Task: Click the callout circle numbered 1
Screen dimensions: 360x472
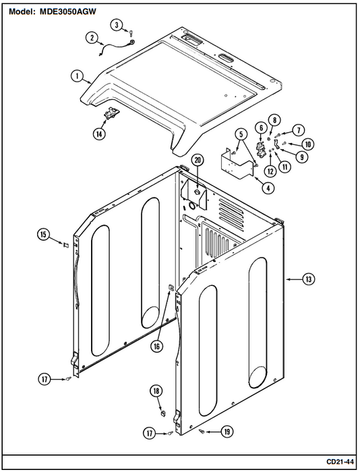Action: [x=78, y=76]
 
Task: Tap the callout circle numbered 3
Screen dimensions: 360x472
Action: [x=117, y=25]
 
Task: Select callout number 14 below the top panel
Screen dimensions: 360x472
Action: [x=99, y=134]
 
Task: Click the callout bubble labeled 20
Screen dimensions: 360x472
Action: [x=197, y=160]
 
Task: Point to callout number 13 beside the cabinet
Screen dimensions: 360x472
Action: [x=309, y=279]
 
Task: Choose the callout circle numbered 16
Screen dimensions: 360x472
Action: [x=157, y=347]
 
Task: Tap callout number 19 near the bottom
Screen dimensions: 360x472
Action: [x=227, y=432]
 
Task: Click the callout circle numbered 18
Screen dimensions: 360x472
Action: [x=156, y=391]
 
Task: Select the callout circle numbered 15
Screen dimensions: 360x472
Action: [x=44, y=234]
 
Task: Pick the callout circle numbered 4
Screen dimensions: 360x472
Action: [x=268, y=188]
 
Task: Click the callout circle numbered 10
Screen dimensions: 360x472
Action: [x=307, y=144]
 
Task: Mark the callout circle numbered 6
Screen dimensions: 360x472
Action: [x=261, y=128]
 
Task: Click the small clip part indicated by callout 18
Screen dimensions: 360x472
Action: [x=162, y=413]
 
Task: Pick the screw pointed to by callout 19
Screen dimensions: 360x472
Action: [x=202, y=432]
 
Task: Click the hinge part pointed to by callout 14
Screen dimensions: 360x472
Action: [x=112, y=114]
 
